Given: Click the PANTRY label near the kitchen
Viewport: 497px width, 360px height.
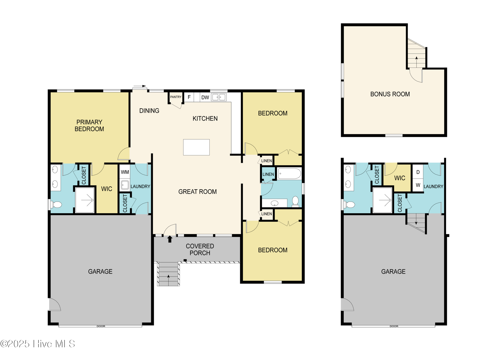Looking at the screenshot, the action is tap(176, 97).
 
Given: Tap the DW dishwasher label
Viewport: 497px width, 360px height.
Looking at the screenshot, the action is tap(205, 97).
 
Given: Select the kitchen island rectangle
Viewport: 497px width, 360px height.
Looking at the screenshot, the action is tap(196, 147).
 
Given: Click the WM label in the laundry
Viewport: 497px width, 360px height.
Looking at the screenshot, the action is tap(125, 172).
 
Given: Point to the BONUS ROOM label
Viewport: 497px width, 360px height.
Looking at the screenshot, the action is tap(390, 94).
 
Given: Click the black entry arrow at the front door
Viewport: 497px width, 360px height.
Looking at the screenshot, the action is tap(170, 239).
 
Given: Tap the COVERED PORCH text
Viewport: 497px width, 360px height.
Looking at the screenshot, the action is tap(200, 250).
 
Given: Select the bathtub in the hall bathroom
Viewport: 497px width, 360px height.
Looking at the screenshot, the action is tap(289, 174).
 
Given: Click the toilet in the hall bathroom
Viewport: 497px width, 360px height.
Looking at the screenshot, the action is tap(295, 201).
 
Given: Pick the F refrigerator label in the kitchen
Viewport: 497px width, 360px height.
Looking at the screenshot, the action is tap(189, 97).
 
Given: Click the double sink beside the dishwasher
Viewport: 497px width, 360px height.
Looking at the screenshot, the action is tap(219, 97).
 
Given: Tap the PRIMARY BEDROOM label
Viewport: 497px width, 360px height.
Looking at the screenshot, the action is tap(89, 125).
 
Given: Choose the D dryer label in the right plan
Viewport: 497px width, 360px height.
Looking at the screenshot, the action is tap(418, 172).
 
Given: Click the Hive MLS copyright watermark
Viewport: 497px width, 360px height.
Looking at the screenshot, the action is tap(37, 344).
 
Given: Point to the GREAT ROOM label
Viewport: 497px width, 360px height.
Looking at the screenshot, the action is tap(197, 191).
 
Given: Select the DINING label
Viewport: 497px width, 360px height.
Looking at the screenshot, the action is tap(149, 110).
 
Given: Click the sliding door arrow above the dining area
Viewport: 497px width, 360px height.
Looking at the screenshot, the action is tap(139, 86).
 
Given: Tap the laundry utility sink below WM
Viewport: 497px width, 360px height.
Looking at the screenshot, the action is tap(125, 185).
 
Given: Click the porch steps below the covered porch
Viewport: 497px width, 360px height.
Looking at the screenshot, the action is tap(168, 274).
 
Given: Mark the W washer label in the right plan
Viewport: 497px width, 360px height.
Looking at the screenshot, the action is tap(418, 185).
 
